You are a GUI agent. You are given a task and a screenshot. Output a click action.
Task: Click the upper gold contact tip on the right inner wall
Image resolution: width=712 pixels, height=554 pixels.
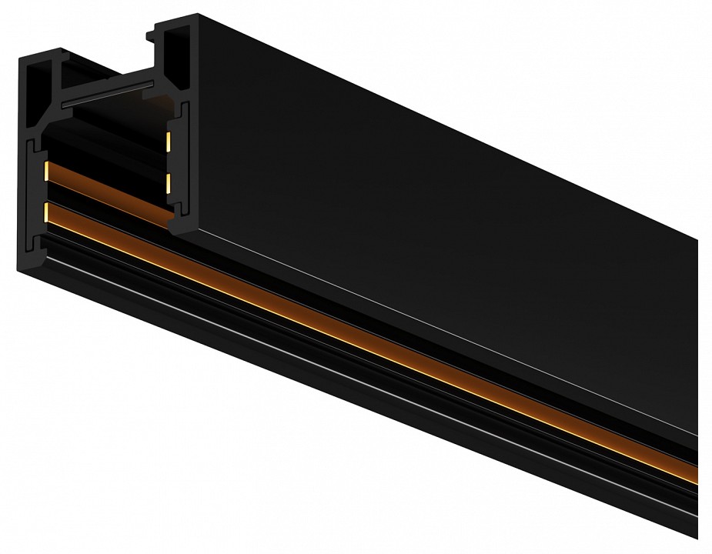169,140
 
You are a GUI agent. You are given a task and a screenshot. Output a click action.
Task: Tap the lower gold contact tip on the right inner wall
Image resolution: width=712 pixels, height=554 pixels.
168,181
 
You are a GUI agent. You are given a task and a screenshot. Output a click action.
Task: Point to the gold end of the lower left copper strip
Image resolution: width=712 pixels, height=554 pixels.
48,211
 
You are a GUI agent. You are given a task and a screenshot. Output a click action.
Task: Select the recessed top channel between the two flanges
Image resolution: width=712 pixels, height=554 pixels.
100,77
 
